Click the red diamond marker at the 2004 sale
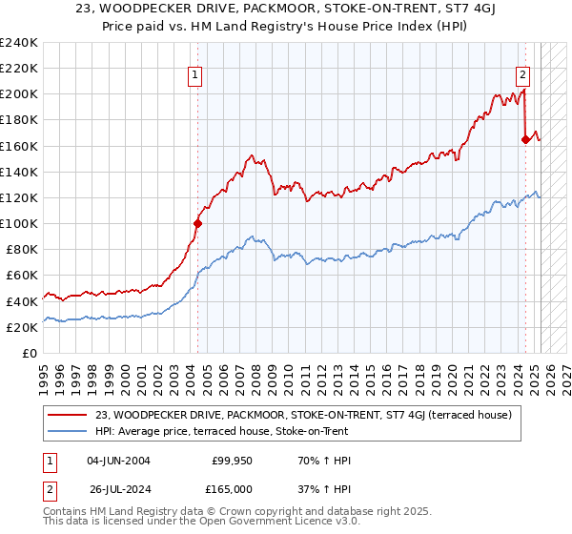198,224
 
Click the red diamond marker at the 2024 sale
525,139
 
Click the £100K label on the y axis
19,223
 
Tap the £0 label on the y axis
29,353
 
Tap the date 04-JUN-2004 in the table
118,462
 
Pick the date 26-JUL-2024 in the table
118,488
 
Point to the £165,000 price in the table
231,488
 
